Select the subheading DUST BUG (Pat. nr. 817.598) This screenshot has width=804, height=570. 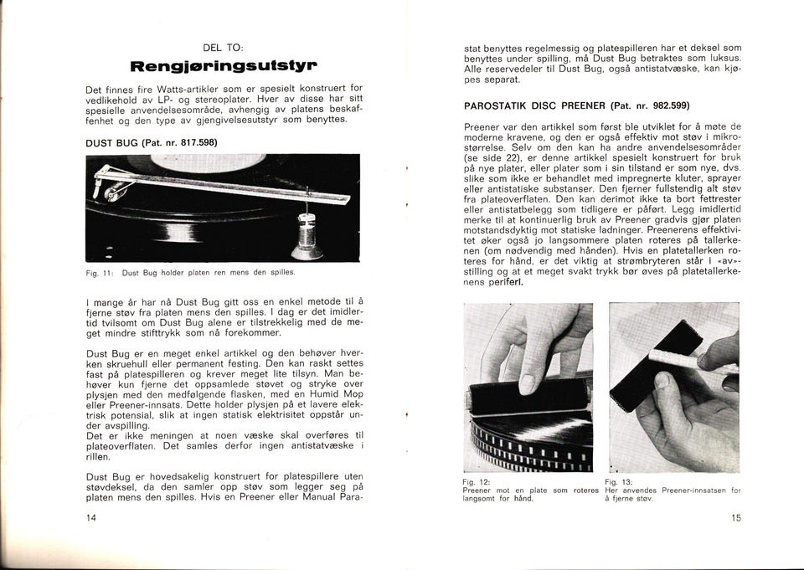152,142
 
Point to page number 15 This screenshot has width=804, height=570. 736,518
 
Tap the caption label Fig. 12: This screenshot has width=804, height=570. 474,483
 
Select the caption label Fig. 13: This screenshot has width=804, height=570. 616,483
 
